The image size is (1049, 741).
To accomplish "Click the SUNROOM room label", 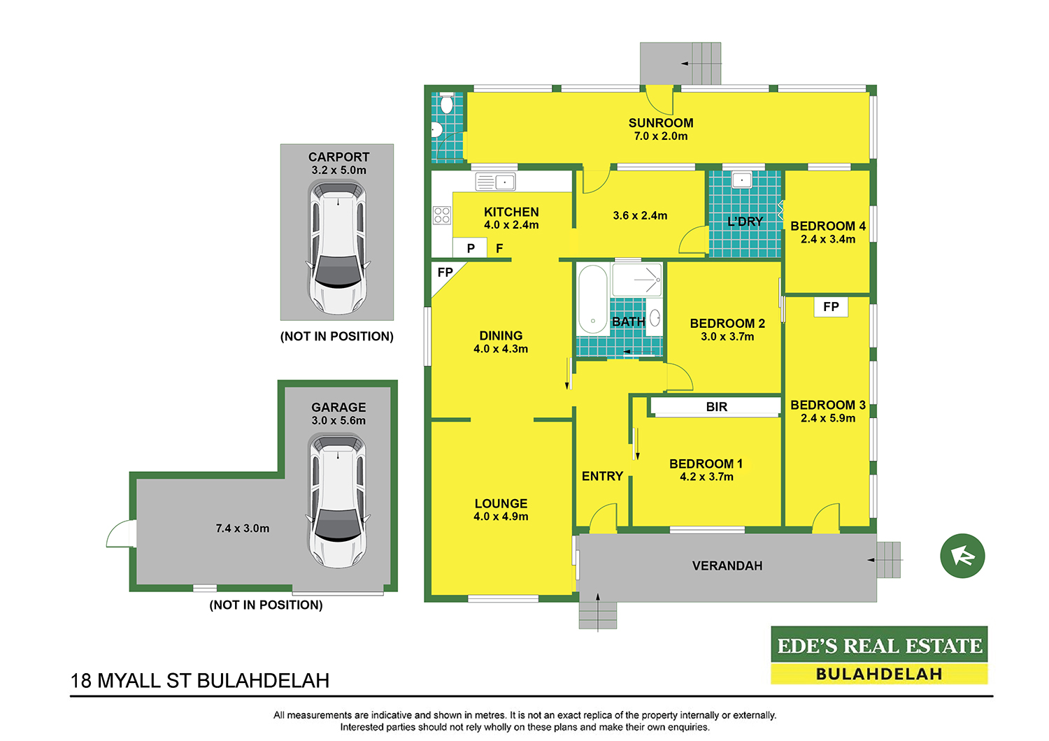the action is pyautogui.click(x=661, y=123).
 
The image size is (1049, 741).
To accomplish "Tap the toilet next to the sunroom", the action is pyautogui.click(x=446, y=103).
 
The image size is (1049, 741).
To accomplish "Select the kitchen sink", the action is pyautogui.click(x=495, y=182).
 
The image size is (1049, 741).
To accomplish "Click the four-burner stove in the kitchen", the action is pyautogui.click(x=441, y=215).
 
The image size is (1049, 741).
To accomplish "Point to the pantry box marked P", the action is pyautogui.click(x=470, y=247).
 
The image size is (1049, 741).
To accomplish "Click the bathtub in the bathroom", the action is pyautogui.click(x=593, y=299).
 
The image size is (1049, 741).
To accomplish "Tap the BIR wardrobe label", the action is pyautogui.click(x=717, y=407).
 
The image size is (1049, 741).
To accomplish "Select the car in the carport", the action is pyautogui.click(x=338, y=247).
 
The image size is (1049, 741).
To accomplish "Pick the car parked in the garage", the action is pyautogui.click(x=338, y=501).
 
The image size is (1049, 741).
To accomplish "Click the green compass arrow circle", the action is pyautogui.click(x=962, y=556).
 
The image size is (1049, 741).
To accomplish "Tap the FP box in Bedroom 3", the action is pyautogui.click(x=831, y=307).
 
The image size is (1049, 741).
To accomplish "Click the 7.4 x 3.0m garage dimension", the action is pyautogui.click(x=242, y=528).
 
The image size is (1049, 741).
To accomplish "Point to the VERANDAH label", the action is pyautogui.click(x=727, y=566).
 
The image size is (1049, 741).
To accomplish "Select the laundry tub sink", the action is pyautogui.click(x=742, y=180).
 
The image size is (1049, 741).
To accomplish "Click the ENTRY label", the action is pyautogui.click(x=602, y=476).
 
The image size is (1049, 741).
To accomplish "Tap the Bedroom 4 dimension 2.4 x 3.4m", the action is pyautogui.click(x=827, y=239).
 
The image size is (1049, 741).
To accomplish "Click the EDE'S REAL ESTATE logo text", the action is pyautogui.click(x=879, y=646).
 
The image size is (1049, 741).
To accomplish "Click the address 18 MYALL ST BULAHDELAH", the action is pyautogui.click(x=200, y=681).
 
